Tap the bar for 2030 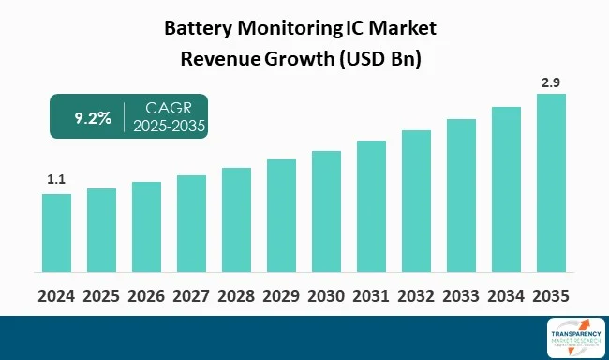coord(326,213)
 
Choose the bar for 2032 coord(416,202)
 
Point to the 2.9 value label coord(551,82)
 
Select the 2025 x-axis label coord(101,295)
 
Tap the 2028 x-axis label coord(236,295)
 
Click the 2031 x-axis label coord(371,295)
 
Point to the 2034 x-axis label coord(506,295)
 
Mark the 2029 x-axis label coord(281,295)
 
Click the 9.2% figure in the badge coord(92,117)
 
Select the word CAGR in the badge coord(169,108)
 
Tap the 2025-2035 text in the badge coord(169,127)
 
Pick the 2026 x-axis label coord(146,295)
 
